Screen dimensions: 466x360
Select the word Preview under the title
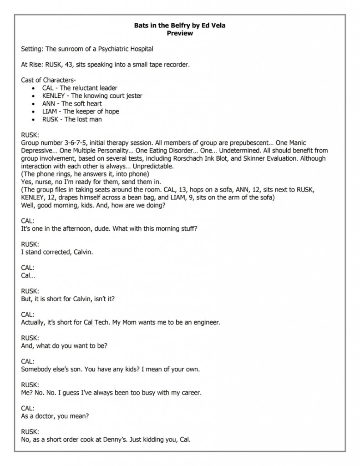[x=180, y=33]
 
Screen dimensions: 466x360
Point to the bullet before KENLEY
[x=35, y=96]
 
